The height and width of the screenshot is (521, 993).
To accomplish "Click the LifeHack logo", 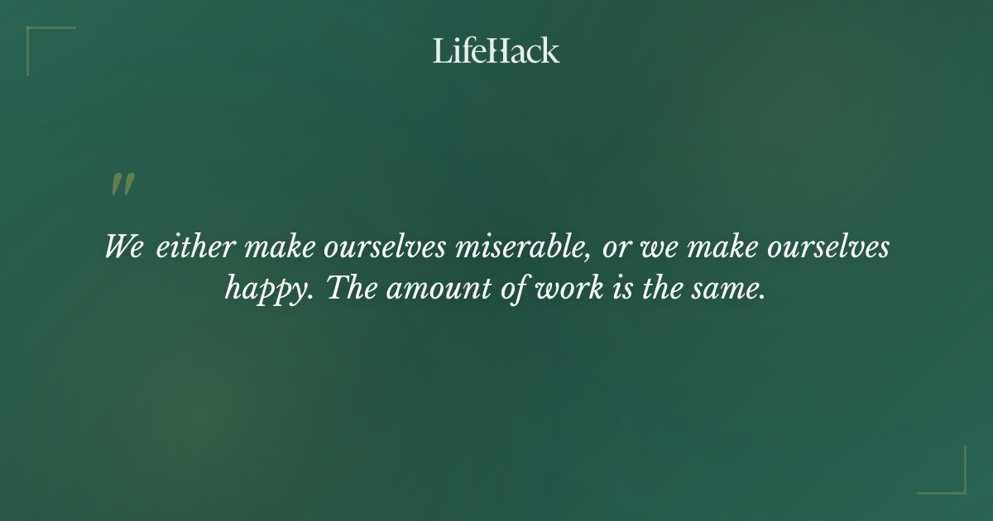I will [496, 50].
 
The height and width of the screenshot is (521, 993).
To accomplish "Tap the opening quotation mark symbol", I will [122, 184].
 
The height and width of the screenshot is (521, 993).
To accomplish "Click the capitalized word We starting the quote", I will [124, 247].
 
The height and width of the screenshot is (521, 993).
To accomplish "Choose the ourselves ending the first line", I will [831, 247].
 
